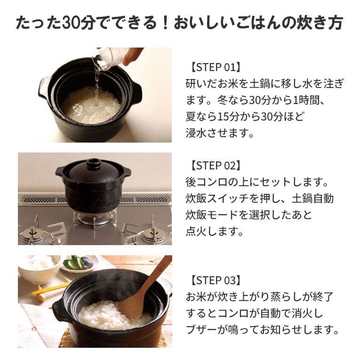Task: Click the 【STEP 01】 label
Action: click(x=215, y=67)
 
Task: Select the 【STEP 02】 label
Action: click(x=215, y=166)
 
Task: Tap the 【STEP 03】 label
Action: click(x=215, y=280)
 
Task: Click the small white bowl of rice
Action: click(x=40, y=268)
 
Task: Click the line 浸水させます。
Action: click(x=220, y=132)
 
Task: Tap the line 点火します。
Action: click(x=214, y=231)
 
